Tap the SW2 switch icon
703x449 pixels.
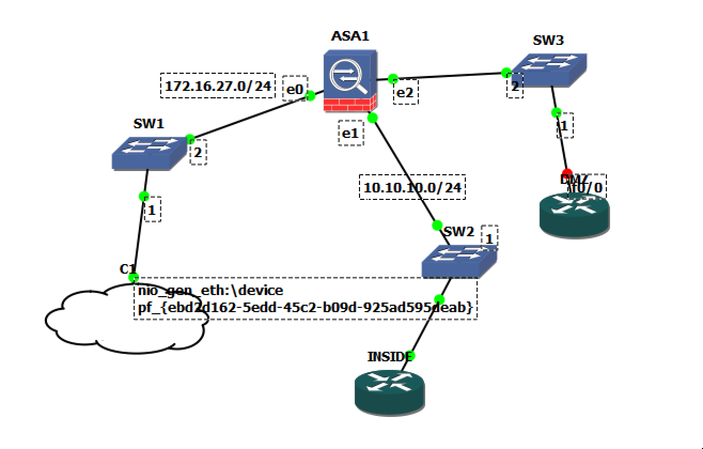click(x=459, y=262)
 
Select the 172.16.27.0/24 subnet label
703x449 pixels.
click(x=218, y=86)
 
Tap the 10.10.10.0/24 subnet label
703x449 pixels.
click(x=412, y=188)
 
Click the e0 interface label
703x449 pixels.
click(x=294, y=89)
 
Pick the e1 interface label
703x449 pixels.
click(x=350, y=133)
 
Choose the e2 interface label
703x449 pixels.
click(x=405, y=92)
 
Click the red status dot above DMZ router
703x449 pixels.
click(x=567, y=173)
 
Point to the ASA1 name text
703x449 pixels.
click(x=350, y=36)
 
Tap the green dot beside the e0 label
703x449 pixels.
click(x=310, y=96)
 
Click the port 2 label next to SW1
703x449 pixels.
click(x=198, y=153)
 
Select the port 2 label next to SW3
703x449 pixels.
click(x=514, y=87)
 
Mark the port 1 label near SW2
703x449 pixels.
click(x=489, y=238)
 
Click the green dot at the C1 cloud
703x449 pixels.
click(x=134, y=277)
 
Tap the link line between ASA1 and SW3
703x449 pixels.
click(x=449, y=76)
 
